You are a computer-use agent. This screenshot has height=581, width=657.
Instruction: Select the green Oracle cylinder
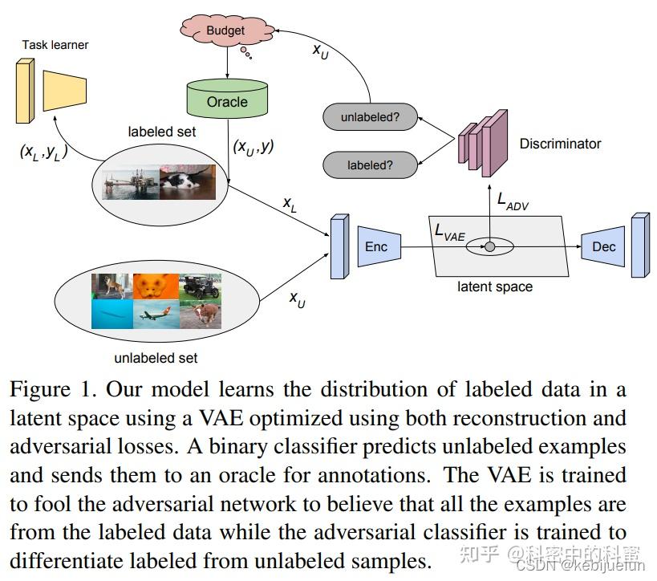[227, 100]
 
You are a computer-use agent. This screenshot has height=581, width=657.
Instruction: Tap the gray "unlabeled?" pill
[370, 118]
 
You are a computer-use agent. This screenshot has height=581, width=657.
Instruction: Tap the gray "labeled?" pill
[370, 165]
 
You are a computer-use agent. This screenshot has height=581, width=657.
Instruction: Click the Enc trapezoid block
[375, 246]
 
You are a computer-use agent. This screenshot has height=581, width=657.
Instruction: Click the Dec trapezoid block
[602, 246]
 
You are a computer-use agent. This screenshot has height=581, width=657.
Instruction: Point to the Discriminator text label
[560, 144]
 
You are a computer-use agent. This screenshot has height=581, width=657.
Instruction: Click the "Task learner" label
[55, 45]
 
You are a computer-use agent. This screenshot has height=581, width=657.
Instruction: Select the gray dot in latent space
[489, 246]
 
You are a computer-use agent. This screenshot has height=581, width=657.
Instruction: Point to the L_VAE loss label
[450, 231]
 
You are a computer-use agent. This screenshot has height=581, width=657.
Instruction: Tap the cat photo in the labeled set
[188, 181]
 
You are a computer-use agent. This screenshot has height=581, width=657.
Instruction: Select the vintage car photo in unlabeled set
[200, 286]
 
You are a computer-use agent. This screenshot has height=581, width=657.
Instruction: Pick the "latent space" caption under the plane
[494, 286]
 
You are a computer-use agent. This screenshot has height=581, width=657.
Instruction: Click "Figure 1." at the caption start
[54, 390]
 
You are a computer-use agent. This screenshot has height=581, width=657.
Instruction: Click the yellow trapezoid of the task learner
[64, 90]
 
